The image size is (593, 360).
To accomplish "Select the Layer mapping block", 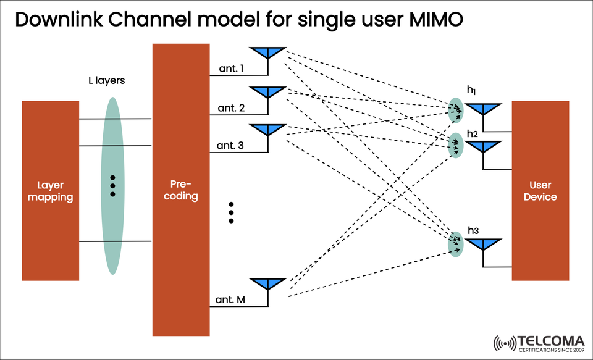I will click(50, 190).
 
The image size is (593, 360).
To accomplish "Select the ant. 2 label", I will click(231, 108).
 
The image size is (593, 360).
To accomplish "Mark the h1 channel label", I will click(473, 91).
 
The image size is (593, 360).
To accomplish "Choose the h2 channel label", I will click(473, 133).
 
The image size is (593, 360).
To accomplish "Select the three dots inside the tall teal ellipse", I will click(112, 185).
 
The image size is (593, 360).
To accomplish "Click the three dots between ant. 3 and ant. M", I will click(231, 212).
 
